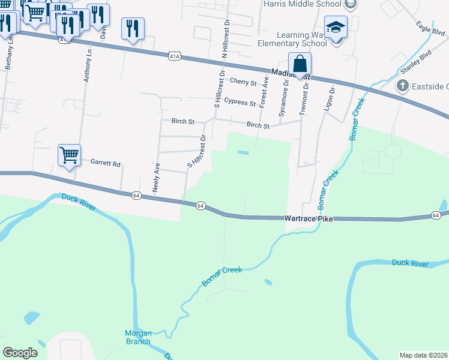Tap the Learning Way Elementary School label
[292, 39]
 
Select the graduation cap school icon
[336, 28]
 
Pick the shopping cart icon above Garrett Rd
[69, 155]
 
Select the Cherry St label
[243, 82]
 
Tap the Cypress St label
[240, 102]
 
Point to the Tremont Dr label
[306, 97]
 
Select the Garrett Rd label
[106, 163]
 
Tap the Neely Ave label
[156, 177]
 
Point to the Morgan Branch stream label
[138, 337]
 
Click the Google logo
[20, 353]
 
